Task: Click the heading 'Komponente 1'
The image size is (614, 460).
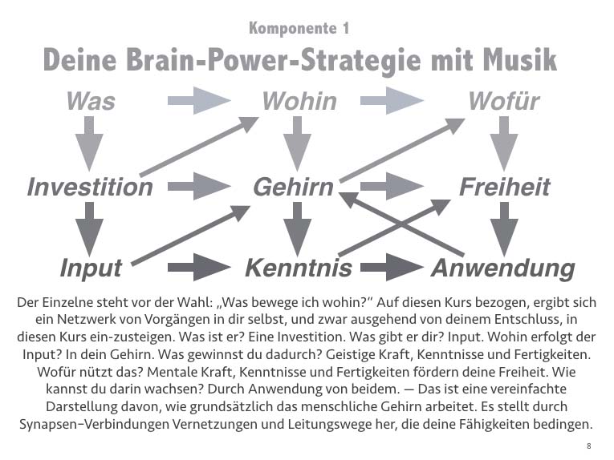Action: pos(299,29)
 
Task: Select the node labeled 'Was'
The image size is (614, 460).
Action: pos(90,102)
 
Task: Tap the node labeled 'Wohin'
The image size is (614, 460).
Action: pos(299,102)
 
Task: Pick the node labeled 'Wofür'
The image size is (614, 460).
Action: pos(503,102)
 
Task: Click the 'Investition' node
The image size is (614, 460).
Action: pos(90,188)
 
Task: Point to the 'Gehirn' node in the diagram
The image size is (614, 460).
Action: pos(293,188)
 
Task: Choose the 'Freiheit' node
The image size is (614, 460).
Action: pos(504,188)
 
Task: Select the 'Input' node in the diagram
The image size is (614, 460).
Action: pos(91,267)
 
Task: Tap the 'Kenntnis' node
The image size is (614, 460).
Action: pos(298,267)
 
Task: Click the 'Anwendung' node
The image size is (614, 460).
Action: pos(502,267)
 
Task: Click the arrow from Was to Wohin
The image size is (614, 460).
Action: pos(198,101)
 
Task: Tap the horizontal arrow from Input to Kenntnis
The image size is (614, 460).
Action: pos(199,267)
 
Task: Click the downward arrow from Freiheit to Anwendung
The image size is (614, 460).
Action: pos(504,228)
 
